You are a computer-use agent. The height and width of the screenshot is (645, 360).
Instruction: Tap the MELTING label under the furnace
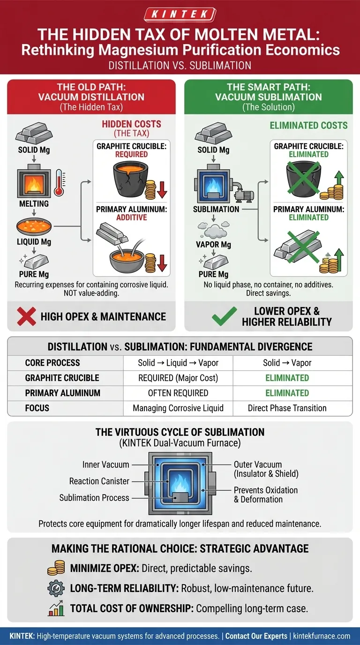34,203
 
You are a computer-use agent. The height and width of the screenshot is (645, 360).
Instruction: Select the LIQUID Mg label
34,242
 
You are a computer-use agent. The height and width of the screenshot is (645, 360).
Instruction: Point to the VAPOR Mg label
214,244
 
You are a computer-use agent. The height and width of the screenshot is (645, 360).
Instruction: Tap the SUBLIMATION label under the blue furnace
216,209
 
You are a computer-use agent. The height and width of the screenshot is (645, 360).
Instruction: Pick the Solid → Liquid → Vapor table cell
178,363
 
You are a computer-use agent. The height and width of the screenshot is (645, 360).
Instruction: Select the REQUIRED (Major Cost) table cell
178,378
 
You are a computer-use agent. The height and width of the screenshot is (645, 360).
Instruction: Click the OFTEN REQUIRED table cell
178,393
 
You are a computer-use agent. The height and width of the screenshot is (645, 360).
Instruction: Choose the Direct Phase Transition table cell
287,408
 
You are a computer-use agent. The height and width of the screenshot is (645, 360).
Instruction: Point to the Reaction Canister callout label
99,481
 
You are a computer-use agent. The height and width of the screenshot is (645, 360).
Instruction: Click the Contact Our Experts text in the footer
256,636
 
